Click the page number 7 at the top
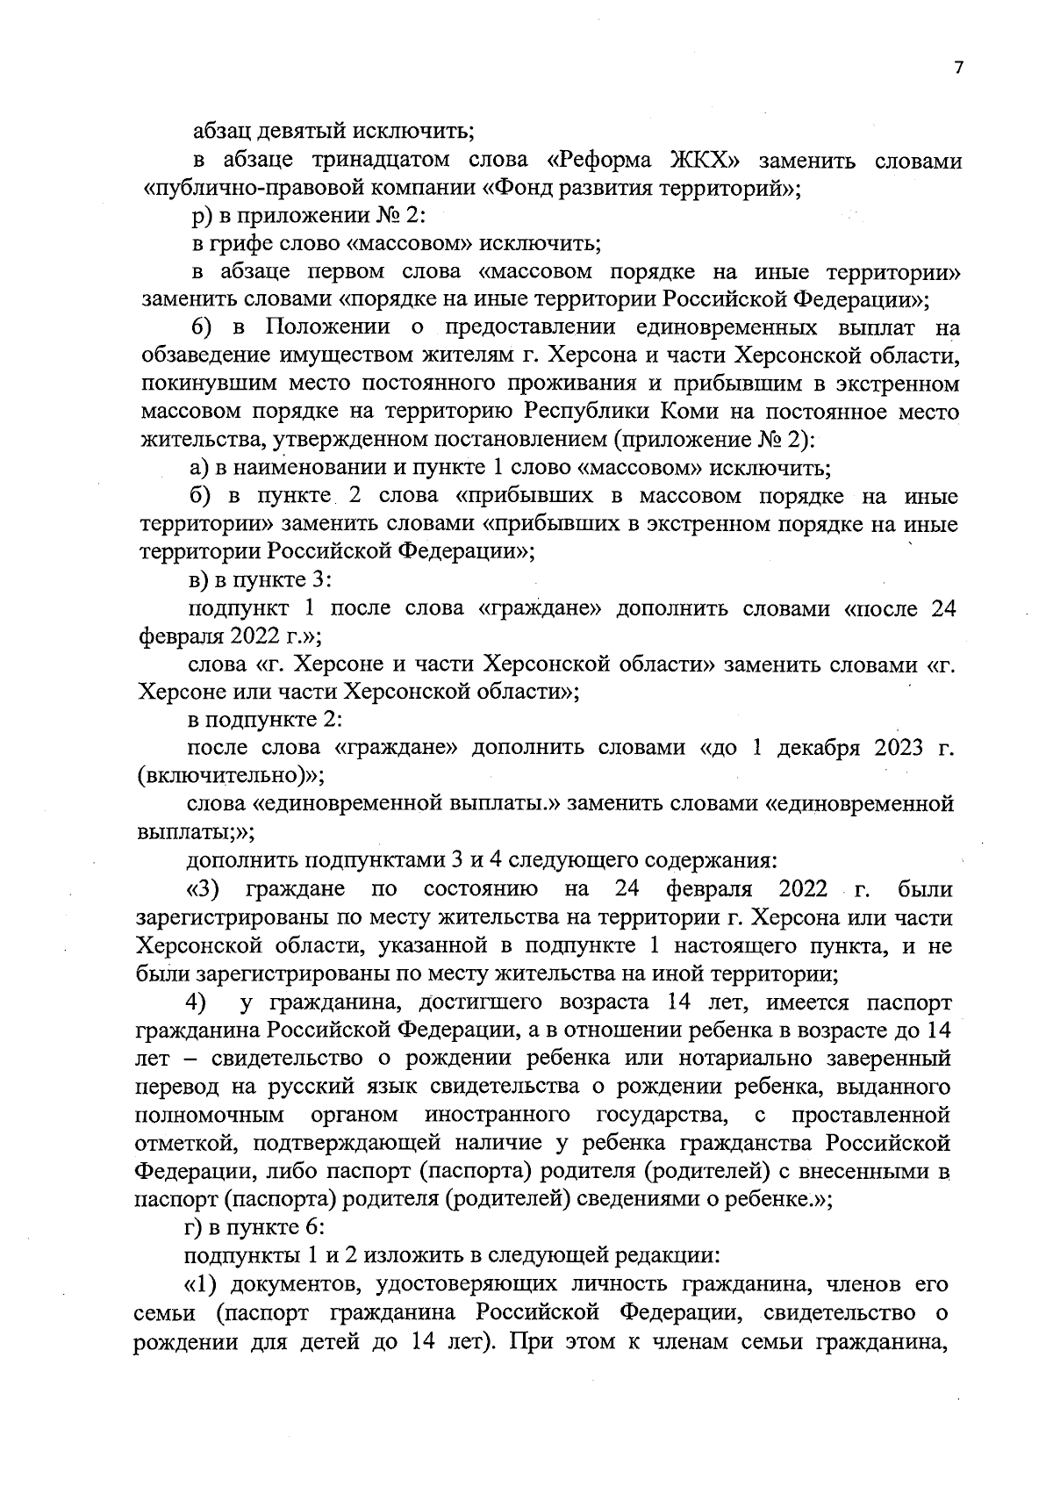tap(958, 68)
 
